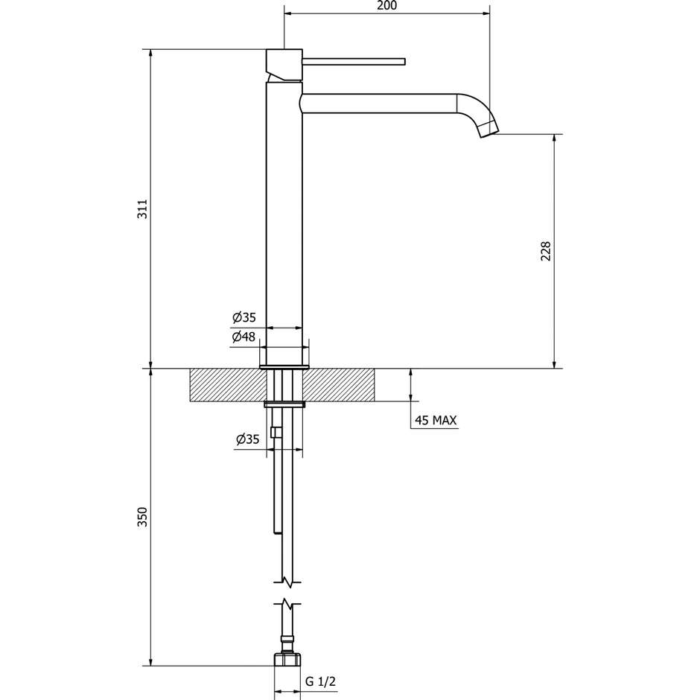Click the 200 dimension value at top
[x=387, y=6]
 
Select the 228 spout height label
[x=545, y=251]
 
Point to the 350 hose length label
[x=144, y=517]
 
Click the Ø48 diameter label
[x=244, y=337]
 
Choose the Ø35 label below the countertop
[x=247, y=440]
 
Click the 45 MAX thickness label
[x=435, y=421]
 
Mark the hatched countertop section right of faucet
[x=340, y=385]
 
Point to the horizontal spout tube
[x=380, y=104]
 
